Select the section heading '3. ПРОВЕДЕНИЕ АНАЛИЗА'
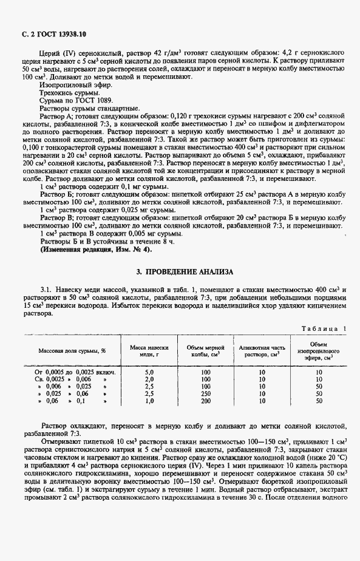pyautogui.click(x=180, y=272)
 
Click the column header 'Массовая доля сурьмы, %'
pyautogui.click(x=72, y=351)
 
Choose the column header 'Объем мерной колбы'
pyautogui.click(x=202, y=350)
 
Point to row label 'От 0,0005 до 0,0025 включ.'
pyautogui.click(x=76, y=371)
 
